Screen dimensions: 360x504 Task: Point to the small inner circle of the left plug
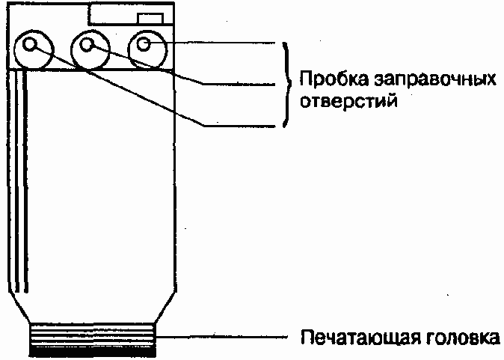click(x=30, y=46)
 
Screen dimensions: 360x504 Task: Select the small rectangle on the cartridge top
click(x=150, y=16)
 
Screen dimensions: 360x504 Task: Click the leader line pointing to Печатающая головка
click(x=224, y=335)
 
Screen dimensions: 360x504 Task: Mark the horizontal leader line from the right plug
click(x=224, y=43)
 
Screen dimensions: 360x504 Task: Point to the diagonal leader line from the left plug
click(x=127, y=90)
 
